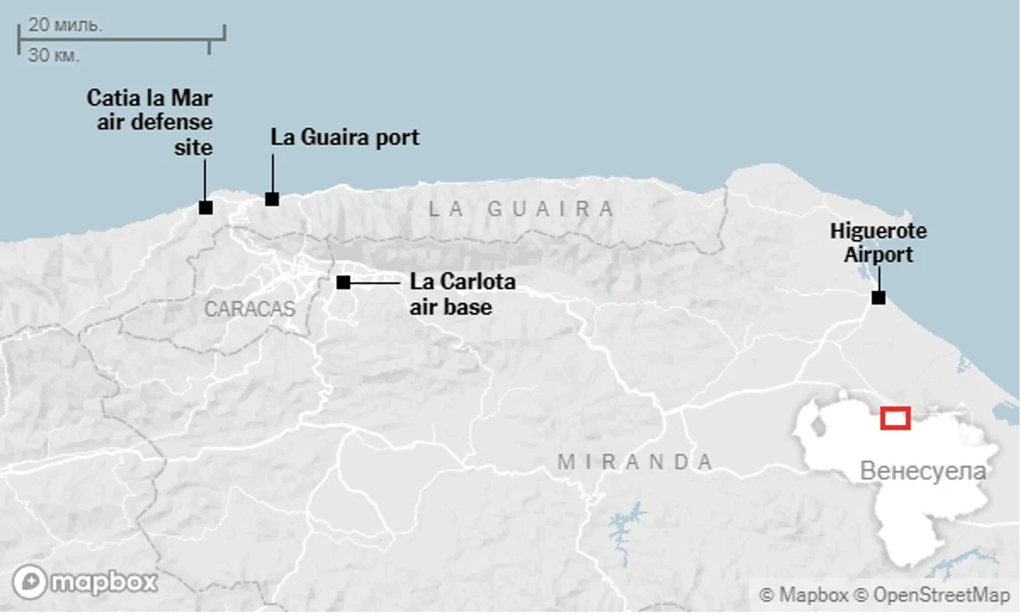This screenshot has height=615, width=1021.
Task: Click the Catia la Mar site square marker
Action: pyautogui.click(x=205, y=207)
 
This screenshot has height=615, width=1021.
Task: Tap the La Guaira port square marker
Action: pyautogui.click(x=272, y=199)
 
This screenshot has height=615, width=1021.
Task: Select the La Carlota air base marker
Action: pyautogui.click(x=344, y=282)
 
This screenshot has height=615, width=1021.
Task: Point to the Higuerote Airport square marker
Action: pyautogui.click(x=878, y=298)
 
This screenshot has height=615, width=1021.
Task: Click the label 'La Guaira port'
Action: pyautogui.click(x=345, y=137)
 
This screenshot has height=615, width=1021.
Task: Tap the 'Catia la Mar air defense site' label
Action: pyautogui.click(x=151, y=122)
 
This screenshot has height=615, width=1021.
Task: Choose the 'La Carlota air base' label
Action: pyautogui.click(x=462, y=293)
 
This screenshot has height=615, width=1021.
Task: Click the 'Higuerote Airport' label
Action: pyautogui.click(x=878, y=242)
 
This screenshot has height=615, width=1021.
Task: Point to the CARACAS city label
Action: pyautogui.click(x=249, y=309)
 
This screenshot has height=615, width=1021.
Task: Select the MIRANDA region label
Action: pyautogui.click(x=636, y=462)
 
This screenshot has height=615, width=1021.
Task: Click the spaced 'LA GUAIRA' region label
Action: pyautogui.click(x=521, y=208)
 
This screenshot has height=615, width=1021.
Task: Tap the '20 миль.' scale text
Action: pyautogui.click(x=66, y=25)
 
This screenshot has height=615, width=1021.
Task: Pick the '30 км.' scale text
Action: pyautogui.click(x=54, y=56)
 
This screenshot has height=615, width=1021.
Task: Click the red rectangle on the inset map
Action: pyautogui.click(x=895, y=418)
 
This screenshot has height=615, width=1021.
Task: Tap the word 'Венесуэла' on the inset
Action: pyautogui.click(x=923, y=471)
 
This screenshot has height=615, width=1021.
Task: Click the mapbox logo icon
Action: pyautogui.click(x=29, y=583)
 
